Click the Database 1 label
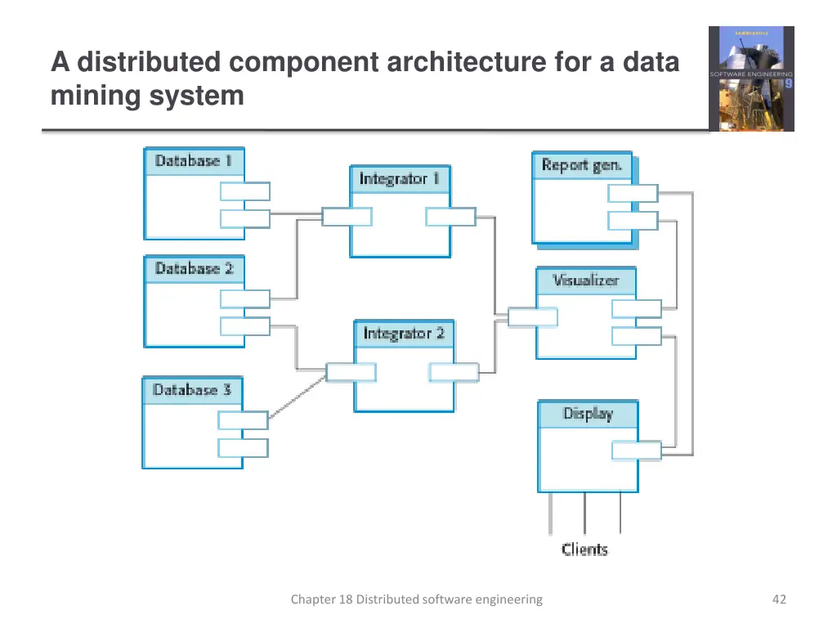[x=194, y=161]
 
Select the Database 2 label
[x=194, y=269]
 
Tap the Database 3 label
[x=192, y=390]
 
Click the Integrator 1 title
[x=399, y=179]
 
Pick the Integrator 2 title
[x=404, y=334]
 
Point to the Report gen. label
[x=581, y=165]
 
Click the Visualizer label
[x=585, y=280]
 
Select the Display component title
[x=587, y=414]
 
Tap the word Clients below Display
[x=584, y=549]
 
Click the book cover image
[x=750, y=78]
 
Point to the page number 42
[x=778, y=599]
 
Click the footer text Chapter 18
[x=416, y=599]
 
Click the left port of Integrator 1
[x=347, y=217]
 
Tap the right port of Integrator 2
[x=454, y=372]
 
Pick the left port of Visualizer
[x=532, y=316]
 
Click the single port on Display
[x=636, y=451]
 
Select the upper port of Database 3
[x=243, y=420]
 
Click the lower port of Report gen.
[x=632, y=221]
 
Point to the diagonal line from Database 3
[x=298, y=397]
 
